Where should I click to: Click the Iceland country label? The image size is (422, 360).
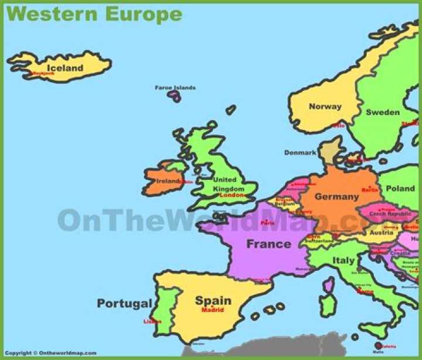point(65,68)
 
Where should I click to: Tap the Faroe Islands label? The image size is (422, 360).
point(175,88)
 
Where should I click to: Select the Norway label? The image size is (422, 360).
point(325,107)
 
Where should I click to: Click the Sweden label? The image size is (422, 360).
point(383,112)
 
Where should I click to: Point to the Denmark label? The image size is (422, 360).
point(300,152)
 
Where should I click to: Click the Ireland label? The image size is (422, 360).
point(167,181)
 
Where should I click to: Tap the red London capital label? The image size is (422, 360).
point(231,195)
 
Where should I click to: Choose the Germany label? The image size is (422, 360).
point(336,197)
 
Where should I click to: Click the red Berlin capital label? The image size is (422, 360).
point(370,190)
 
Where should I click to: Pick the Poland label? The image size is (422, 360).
point(400,189)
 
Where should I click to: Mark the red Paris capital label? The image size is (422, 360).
point(268,223)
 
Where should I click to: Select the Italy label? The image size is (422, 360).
point(343,260)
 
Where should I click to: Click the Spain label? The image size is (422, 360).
point(213,300)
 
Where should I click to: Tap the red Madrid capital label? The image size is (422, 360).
point(212,310)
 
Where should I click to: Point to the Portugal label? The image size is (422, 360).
point(124,304)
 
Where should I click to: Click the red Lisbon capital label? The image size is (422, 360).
point(152,321)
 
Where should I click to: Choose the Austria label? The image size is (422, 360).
point(382,232)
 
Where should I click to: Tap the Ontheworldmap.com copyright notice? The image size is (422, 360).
point(50,353)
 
